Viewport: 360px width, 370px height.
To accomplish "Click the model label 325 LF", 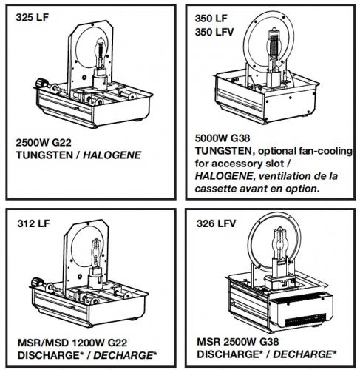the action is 32,17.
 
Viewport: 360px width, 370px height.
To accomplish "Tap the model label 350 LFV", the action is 214,32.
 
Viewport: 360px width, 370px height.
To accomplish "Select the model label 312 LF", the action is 33,223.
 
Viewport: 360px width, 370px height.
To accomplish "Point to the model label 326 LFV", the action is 216,223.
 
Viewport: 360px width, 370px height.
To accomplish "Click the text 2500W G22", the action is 44,143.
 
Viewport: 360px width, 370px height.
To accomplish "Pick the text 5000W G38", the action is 223,138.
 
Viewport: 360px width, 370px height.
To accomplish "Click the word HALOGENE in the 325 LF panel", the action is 112,155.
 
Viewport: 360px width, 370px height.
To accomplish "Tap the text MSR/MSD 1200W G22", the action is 72,343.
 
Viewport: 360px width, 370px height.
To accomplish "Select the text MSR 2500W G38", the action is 238,342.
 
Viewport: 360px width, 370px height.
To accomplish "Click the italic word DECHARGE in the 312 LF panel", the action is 123,355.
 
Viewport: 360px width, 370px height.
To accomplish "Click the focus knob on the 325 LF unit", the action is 41,83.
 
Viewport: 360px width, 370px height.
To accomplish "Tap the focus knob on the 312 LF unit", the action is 38,282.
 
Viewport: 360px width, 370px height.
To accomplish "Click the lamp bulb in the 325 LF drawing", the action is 101,53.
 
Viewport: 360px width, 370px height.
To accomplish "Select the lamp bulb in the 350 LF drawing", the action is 274,46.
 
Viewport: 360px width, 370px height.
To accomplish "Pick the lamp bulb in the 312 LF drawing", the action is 96,253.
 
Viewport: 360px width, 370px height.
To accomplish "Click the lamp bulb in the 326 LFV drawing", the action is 279,243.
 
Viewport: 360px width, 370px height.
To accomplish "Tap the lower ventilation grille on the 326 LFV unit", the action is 305,320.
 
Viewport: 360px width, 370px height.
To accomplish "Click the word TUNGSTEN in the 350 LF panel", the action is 224,151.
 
